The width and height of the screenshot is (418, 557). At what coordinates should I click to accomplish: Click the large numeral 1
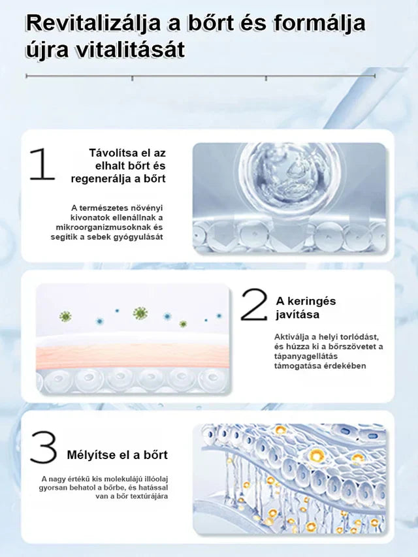pos(42,164)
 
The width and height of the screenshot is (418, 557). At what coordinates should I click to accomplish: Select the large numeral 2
pos(254,304)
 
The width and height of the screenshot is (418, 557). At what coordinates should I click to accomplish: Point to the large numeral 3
pos(43,447)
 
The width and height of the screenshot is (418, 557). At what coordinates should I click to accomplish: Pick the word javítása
pos(298,314)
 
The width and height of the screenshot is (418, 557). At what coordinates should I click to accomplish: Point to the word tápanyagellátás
pos(300,357)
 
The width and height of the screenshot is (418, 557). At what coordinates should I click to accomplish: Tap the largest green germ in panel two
pos(140,313)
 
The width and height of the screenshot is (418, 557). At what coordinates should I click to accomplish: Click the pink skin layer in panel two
pos(132,356)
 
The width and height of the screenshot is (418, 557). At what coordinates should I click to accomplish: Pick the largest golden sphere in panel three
pos(317,454)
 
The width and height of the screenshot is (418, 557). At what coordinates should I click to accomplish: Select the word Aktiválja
pos(291,337)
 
